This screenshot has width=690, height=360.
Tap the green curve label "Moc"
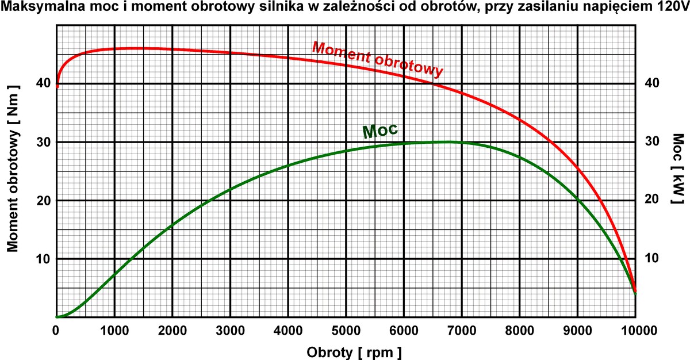click(x=381, y=130)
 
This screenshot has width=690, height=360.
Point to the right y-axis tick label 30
click(x=651, y=142)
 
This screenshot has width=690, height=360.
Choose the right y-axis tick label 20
click(x=651, y=200)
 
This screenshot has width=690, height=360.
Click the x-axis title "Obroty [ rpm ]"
click(x=354, y=351)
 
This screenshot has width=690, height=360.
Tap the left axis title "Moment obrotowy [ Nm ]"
click(x=14, y=168)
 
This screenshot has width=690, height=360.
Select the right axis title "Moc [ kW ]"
click(x=678, y=170)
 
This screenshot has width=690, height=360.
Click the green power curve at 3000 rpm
click(x=230, y=189)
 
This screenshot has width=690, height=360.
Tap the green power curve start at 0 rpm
click(x=57, y=316)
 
